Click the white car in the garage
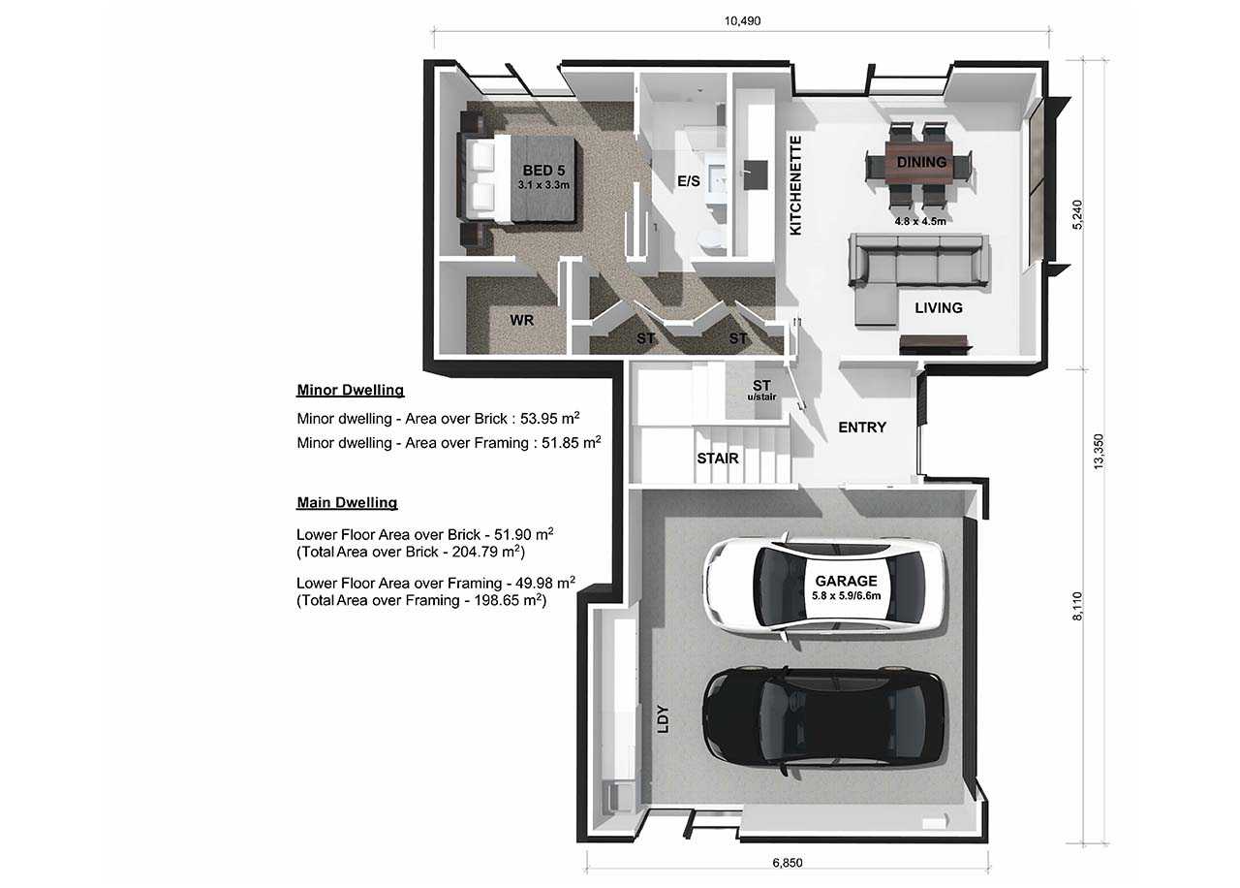823,585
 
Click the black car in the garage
823,715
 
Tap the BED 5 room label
544,171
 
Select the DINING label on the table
921,162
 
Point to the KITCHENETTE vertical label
796,186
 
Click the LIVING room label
939,307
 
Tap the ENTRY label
862,427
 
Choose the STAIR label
718,458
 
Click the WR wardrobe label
522,319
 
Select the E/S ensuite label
688,181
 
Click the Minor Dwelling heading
350,391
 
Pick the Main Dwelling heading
347,503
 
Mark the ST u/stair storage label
761,391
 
